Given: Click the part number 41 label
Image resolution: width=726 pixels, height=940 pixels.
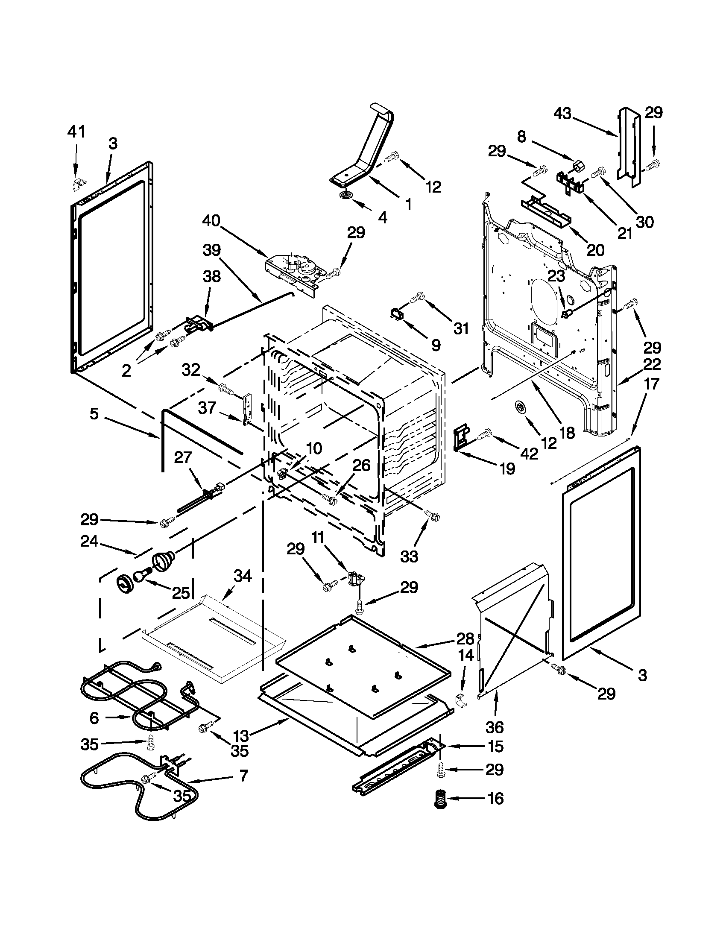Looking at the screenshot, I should [76, 131].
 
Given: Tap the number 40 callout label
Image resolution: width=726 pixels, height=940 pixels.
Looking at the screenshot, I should [211, 221].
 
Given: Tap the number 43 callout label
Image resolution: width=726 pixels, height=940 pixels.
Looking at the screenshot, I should [562, 114].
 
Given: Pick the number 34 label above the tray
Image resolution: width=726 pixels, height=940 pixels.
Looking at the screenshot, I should [242, 576].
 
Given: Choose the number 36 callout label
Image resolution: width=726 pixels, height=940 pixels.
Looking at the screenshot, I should [495, 727].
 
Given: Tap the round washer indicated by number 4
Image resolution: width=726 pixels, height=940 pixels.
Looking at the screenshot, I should [345, 196].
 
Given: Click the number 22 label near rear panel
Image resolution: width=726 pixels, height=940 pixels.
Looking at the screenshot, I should [652, 364].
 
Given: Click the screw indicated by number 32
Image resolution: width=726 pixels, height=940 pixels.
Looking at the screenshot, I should [226, 388].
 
